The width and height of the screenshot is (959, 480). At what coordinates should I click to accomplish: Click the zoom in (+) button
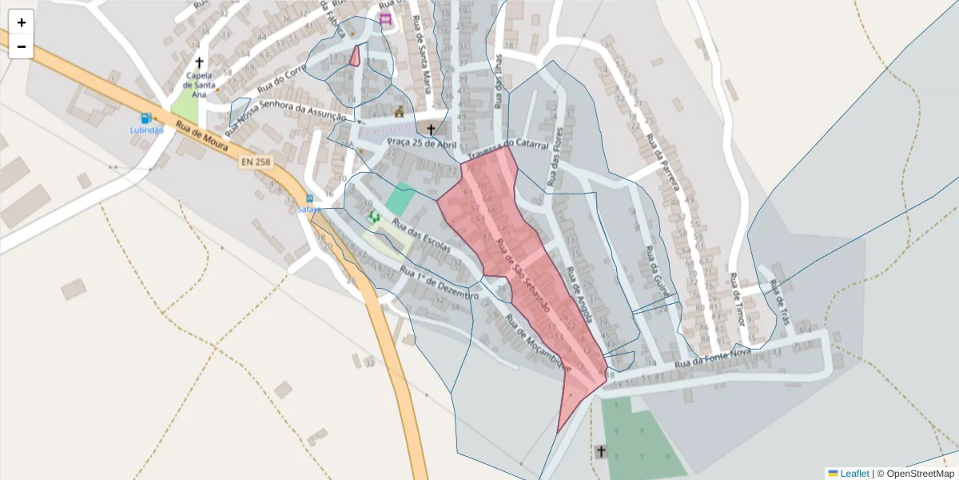point(22,22)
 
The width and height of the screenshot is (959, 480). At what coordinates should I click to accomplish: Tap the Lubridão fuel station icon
point(145,118)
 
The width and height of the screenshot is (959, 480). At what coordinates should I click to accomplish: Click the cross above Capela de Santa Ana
point(199,62)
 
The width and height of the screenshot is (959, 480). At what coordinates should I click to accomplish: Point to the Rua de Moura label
point(202,137)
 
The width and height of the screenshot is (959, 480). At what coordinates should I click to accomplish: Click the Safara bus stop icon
point(309,198)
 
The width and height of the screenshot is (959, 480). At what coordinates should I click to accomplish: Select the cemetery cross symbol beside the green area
point(600,452)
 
